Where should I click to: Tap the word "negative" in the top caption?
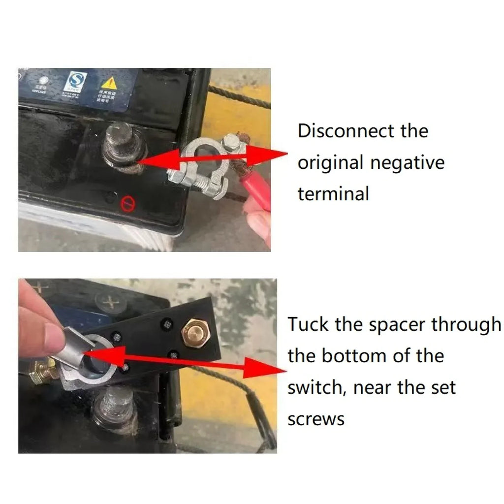(407, 162)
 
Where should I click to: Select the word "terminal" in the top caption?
(333, 193)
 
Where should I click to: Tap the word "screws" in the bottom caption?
(315, 420)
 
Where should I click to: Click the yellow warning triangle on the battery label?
(109, 82)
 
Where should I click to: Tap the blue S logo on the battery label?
(78, 81)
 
